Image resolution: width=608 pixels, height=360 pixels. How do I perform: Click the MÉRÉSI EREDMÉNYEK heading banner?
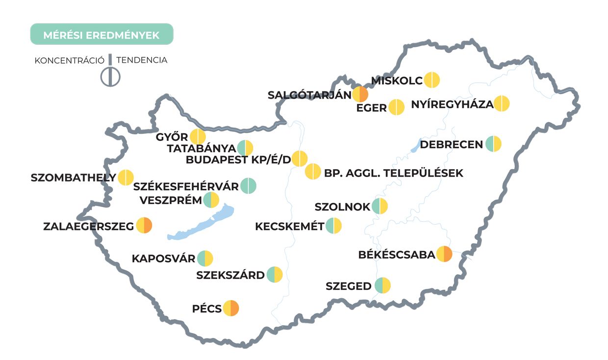101,34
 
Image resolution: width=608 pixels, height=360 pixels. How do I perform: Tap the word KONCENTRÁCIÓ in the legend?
69,60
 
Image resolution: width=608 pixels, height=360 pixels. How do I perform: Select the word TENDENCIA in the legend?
142,60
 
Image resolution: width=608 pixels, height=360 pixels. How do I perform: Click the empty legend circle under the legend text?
110,77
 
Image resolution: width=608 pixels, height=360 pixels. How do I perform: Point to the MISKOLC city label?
396,80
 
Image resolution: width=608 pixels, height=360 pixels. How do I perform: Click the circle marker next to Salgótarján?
360,94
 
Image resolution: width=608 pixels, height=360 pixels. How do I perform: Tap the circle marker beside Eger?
396,107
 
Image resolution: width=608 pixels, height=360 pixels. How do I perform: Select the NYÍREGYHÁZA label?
452,104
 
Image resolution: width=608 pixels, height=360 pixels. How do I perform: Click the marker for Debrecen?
493,144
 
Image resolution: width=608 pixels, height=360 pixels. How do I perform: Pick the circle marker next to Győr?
198,137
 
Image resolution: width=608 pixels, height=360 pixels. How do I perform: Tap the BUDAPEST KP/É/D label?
238,159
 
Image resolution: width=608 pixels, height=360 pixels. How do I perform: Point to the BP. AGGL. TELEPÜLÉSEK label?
393,173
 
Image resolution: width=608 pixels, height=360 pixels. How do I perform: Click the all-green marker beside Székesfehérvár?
248,186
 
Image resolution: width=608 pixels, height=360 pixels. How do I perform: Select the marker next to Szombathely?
126,177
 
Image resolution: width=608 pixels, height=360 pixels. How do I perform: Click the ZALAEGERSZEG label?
89,226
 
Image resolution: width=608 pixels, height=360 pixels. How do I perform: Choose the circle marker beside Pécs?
230,308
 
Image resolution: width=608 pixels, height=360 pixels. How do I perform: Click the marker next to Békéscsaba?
444,254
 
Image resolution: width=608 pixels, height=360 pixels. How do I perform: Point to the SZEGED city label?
349,286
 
